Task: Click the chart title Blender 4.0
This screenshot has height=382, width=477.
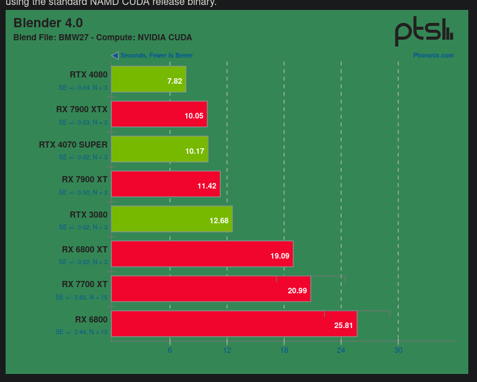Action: tap(48, 23)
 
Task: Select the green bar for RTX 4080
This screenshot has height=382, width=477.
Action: tap(148, 79)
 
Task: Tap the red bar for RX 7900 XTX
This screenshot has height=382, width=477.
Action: tap(159, 114)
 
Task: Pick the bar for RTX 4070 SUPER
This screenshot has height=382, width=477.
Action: tap(159, 149)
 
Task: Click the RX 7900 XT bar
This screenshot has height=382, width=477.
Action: tap(165, 184)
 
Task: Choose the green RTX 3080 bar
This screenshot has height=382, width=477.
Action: tap(171, 219)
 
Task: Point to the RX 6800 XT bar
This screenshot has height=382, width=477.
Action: tap(202, 254)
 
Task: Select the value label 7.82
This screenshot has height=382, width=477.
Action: tap(175, 81)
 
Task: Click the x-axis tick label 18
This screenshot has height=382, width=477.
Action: tap(284, 350)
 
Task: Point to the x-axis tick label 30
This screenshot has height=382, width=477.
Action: tap(398, 350)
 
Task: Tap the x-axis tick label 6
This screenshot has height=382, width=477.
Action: tap(170, 350)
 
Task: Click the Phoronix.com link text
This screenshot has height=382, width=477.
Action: tap(434, 56)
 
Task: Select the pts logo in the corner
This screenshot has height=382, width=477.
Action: tap(424, 32)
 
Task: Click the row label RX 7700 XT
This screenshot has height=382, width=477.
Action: tap(84, 284)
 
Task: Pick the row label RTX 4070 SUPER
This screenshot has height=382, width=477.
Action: tap(73, 144)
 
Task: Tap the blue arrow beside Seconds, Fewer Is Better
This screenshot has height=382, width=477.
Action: tap(115, 55)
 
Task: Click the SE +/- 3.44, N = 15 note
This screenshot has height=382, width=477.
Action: tap(81, 332)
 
